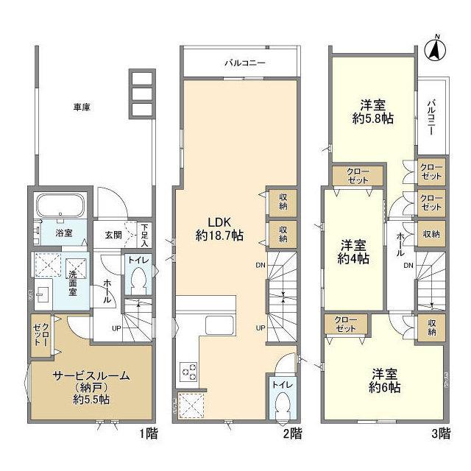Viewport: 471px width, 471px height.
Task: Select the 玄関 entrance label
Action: click(x=113, y=235)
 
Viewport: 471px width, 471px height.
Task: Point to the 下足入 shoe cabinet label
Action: click(x=146, y=234)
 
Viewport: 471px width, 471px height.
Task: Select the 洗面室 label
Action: click(x=74, y=280)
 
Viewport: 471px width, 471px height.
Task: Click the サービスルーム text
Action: click(x=80, y=375)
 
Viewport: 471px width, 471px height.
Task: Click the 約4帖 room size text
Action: click(x=354, y=258)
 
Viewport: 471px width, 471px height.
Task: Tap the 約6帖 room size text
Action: click(x=386, y=386)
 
